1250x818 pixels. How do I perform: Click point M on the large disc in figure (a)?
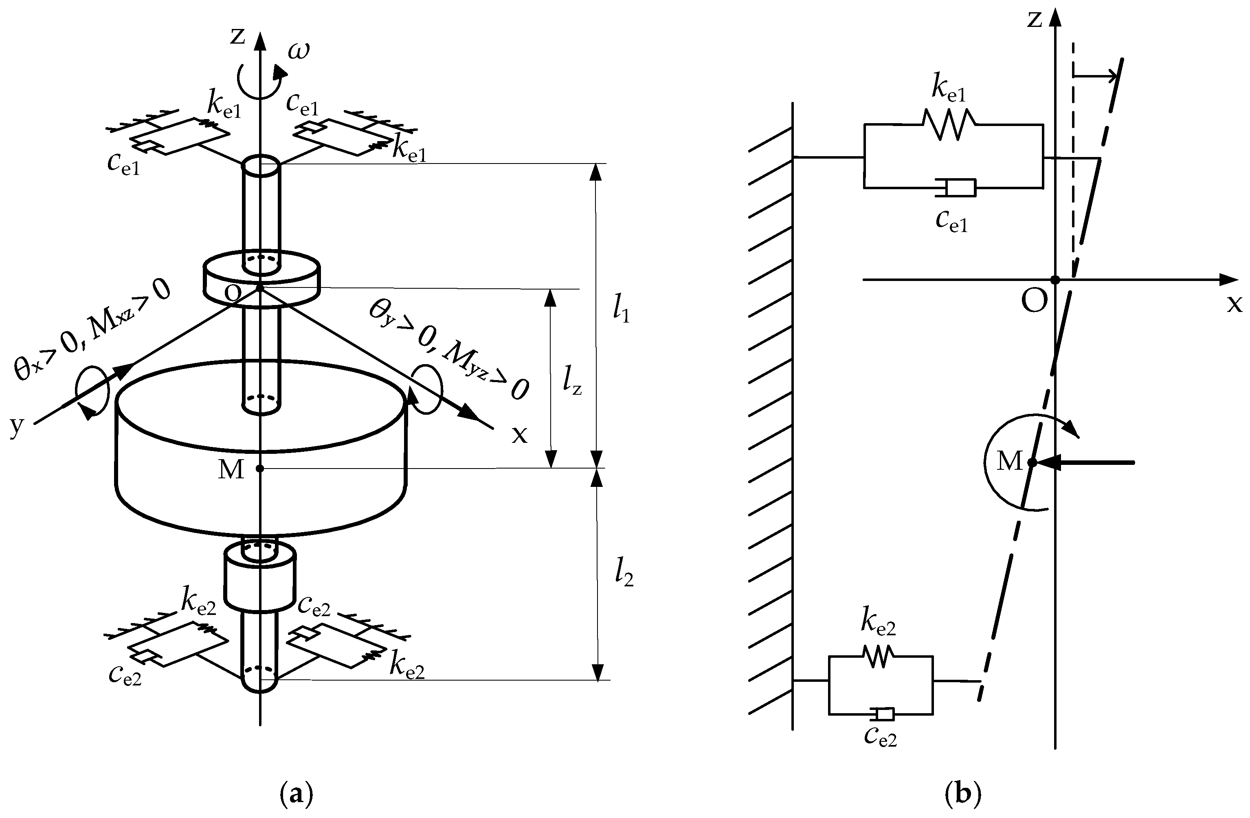(260, 468)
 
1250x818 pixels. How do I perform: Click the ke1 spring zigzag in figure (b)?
(949, 125)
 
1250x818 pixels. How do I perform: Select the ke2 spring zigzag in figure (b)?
(878, 657)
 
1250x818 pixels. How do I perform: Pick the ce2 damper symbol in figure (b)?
(882, 714)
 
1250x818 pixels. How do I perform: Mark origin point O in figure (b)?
(1054, 280)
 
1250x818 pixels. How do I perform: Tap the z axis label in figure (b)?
(1034, 20)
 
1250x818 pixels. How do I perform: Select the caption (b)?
(962, 794)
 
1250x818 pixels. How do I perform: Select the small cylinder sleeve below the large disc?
(260, 578)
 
